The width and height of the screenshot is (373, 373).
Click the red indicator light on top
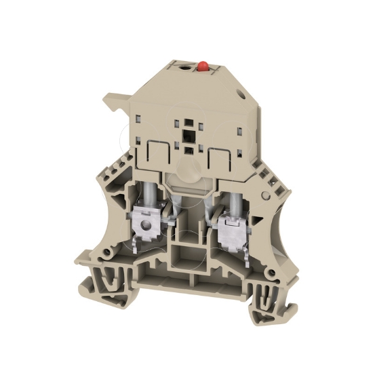click(202, 66)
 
